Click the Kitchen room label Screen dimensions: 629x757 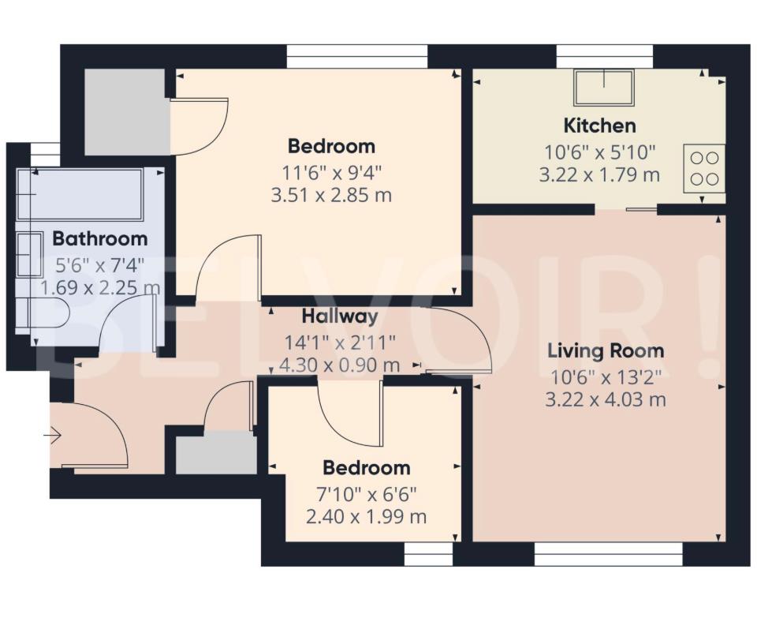click(599, 125)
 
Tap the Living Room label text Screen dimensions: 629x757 click(606, 350)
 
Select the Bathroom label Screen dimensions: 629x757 click(99, 238)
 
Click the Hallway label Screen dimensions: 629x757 click(340, 316)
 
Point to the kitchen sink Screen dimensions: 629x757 click(604, 88)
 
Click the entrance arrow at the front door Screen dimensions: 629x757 click(54, 435)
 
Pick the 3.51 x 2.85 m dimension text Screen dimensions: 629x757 click(331, 195)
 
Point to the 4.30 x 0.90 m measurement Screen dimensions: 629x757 click(340, 365)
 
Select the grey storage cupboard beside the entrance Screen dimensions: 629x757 click(215, 452)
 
